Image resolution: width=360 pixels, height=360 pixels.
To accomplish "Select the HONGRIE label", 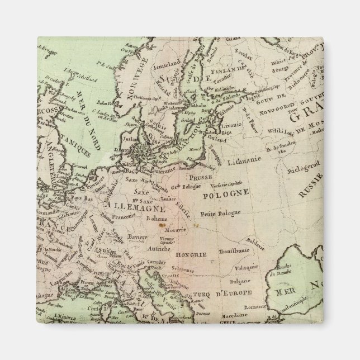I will [192, 254].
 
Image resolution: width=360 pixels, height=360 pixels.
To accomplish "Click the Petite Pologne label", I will [218, 213].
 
